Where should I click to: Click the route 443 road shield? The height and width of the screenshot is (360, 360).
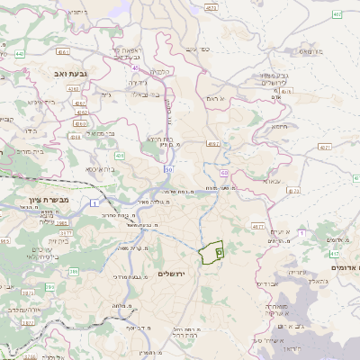(20, 54)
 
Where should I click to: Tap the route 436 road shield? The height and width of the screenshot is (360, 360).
(120, 156)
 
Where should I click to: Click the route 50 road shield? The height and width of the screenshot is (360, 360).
(168, 168)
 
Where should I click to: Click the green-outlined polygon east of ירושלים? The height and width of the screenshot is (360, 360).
(211, 252)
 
